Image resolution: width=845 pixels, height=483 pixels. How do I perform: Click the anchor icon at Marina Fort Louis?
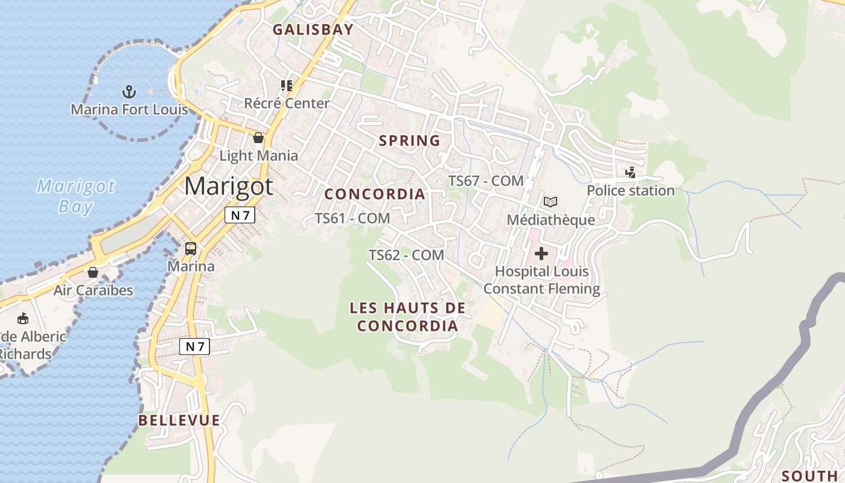129,92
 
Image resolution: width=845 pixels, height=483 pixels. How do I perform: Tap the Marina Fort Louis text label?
130,109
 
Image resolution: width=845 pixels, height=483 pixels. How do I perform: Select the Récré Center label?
287,103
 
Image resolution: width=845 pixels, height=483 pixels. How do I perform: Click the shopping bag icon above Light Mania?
258,138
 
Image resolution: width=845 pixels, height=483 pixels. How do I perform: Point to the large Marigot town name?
229,186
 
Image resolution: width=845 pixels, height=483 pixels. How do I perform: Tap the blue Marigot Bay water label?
76,196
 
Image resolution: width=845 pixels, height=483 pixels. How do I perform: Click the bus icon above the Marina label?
191,248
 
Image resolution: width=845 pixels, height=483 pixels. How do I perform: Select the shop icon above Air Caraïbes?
93,272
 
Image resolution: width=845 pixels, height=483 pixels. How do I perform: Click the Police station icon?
631,173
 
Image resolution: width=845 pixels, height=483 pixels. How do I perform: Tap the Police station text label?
631,190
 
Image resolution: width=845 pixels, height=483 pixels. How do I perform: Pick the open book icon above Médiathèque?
550,202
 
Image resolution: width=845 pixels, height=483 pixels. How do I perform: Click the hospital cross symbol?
541,254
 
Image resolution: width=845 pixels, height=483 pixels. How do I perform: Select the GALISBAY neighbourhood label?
313,30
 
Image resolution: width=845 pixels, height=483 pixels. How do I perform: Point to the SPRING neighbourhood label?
409,141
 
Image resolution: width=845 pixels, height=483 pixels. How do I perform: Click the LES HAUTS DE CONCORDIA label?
407,317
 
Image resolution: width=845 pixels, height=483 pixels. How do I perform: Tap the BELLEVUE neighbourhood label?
179,420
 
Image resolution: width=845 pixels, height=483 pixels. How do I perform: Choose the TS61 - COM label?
352,218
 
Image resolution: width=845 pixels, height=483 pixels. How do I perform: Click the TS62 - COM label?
407,255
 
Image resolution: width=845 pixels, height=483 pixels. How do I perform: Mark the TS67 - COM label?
486,181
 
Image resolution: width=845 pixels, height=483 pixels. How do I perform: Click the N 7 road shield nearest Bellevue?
195,347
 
